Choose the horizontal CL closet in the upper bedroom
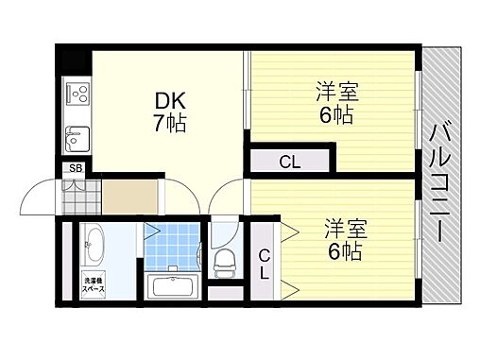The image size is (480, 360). (291, 162)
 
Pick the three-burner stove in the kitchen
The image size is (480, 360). (77, 94)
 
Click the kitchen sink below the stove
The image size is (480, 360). (76, 139)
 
